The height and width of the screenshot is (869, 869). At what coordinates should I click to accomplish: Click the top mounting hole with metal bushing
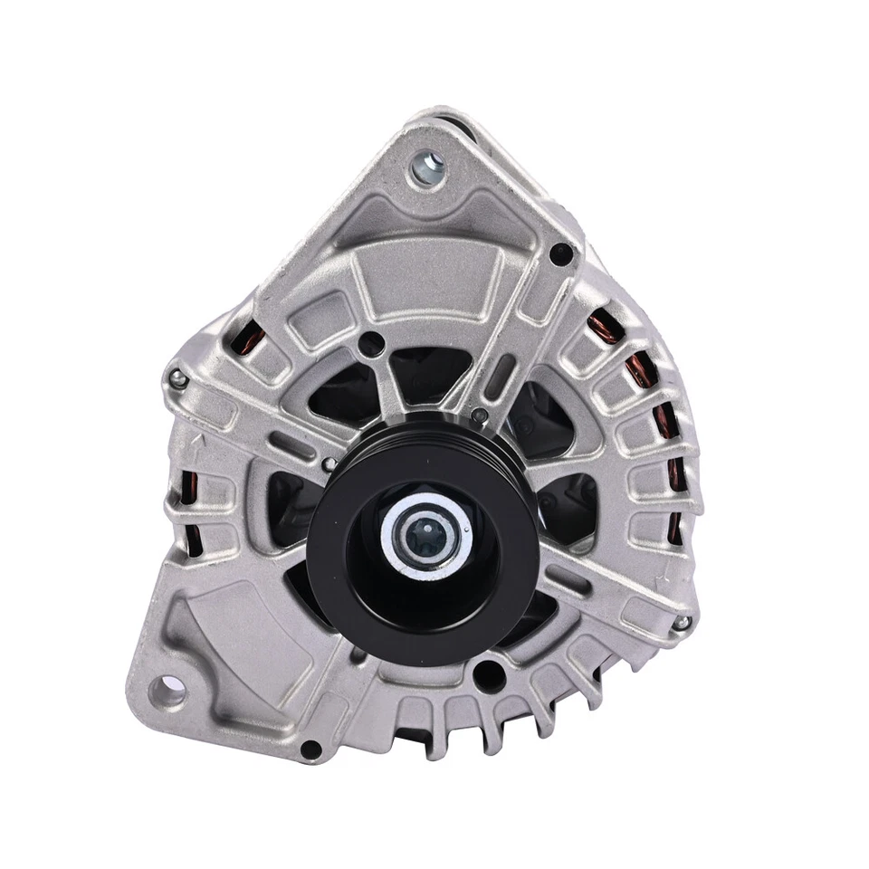pos(427,167)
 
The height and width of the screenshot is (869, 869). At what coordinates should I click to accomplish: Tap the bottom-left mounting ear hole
pos(168,692)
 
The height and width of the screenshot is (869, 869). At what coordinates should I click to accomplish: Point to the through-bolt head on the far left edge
pos(177,379)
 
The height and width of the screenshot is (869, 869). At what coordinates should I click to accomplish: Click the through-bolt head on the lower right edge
pos(680,622)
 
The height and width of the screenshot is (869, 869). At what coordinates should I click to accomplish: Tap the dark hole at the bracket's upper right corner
pos(560,254)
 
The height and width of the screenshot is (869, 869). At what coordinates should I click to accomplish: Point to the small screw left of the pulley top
pos(329,464)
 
